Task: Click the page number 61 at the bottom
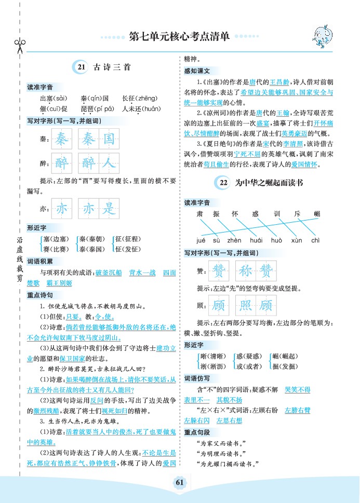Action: (180, 482)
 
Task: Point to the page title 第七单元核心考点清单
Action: (179, 37)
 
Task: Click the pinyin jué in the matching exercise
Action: (202, 240)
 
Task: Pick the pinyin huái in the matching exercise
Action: (256, 240)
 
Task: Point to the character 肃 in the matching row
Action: (199, 213)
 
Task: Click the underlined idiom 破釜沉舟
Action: (109, 272)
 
